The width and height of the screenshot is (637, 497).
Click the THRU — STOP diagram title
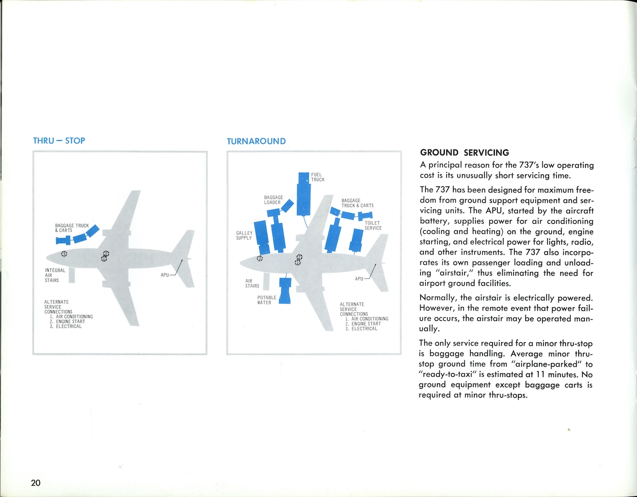pos(59,141)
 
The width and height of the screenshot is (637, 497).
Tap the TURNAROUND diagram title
pos(256,141)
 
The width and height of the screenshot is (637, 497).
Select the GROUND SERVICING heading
pos(464,153)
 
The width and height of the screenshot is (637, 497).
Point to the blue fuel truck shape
pos(304,193)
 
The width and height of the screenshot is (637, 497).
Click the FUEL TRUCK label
pos(318,177)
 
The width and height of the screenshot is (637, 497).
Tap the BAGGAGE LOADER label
pos(273,200)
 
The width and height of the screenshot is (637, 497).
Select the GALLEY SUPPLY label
pos(244,235)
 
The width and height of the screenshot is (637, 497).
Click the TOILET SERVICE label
pos(373,226)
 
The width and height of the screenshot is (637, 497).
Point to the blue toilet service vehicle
pos(357,239)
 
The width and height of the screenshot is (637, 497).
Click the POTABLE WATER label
pos(267,300)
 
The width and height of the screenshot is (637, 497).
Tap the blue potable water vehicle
pos(285,291)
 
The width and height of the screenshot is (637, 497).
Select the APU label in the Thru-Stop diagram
pos(165,275)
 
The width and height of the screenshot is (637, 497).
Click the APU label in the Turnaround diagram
pos(359,279)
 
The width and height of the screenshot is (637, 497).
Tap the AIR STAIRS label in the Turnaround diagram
pos(252,283)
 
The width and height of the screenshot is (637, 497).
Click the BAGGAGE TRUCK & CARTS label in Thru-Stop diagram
pos(72,228)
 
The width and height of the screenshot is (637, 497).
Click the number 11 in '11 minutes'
pos(540,374)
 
